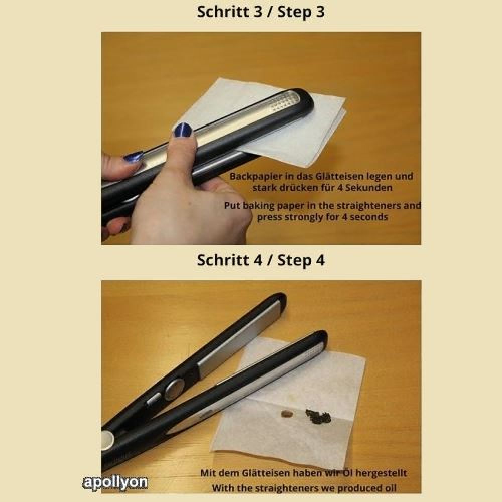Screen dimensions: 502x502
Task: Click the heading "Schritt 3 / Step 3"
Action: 261,13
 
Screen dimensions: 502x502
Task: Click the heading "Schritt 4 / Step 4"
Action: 261,260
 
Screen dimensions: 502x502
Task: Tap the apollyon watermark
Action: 115,482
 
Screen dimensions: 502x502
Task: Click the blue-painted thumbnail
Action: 183,130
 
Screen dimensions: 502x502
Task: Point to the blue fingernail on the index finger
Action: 133,157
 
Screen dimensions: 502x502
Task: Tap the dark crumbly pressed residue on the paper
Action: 319,415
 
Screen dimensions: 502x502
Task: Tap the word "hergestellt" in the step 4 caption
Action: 381,473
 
